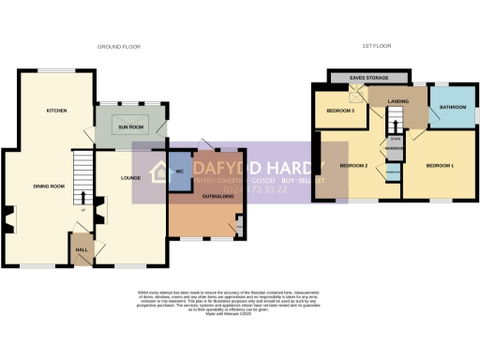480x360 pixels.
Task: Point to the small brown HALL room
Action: click(81, 248)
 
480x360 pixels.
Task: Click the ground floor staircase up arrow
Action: click(83, 198)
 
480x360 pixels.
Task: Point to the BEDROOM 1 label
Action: click(440, 166)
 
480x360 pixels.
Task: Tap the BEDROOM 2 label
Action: click(352, 166)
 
